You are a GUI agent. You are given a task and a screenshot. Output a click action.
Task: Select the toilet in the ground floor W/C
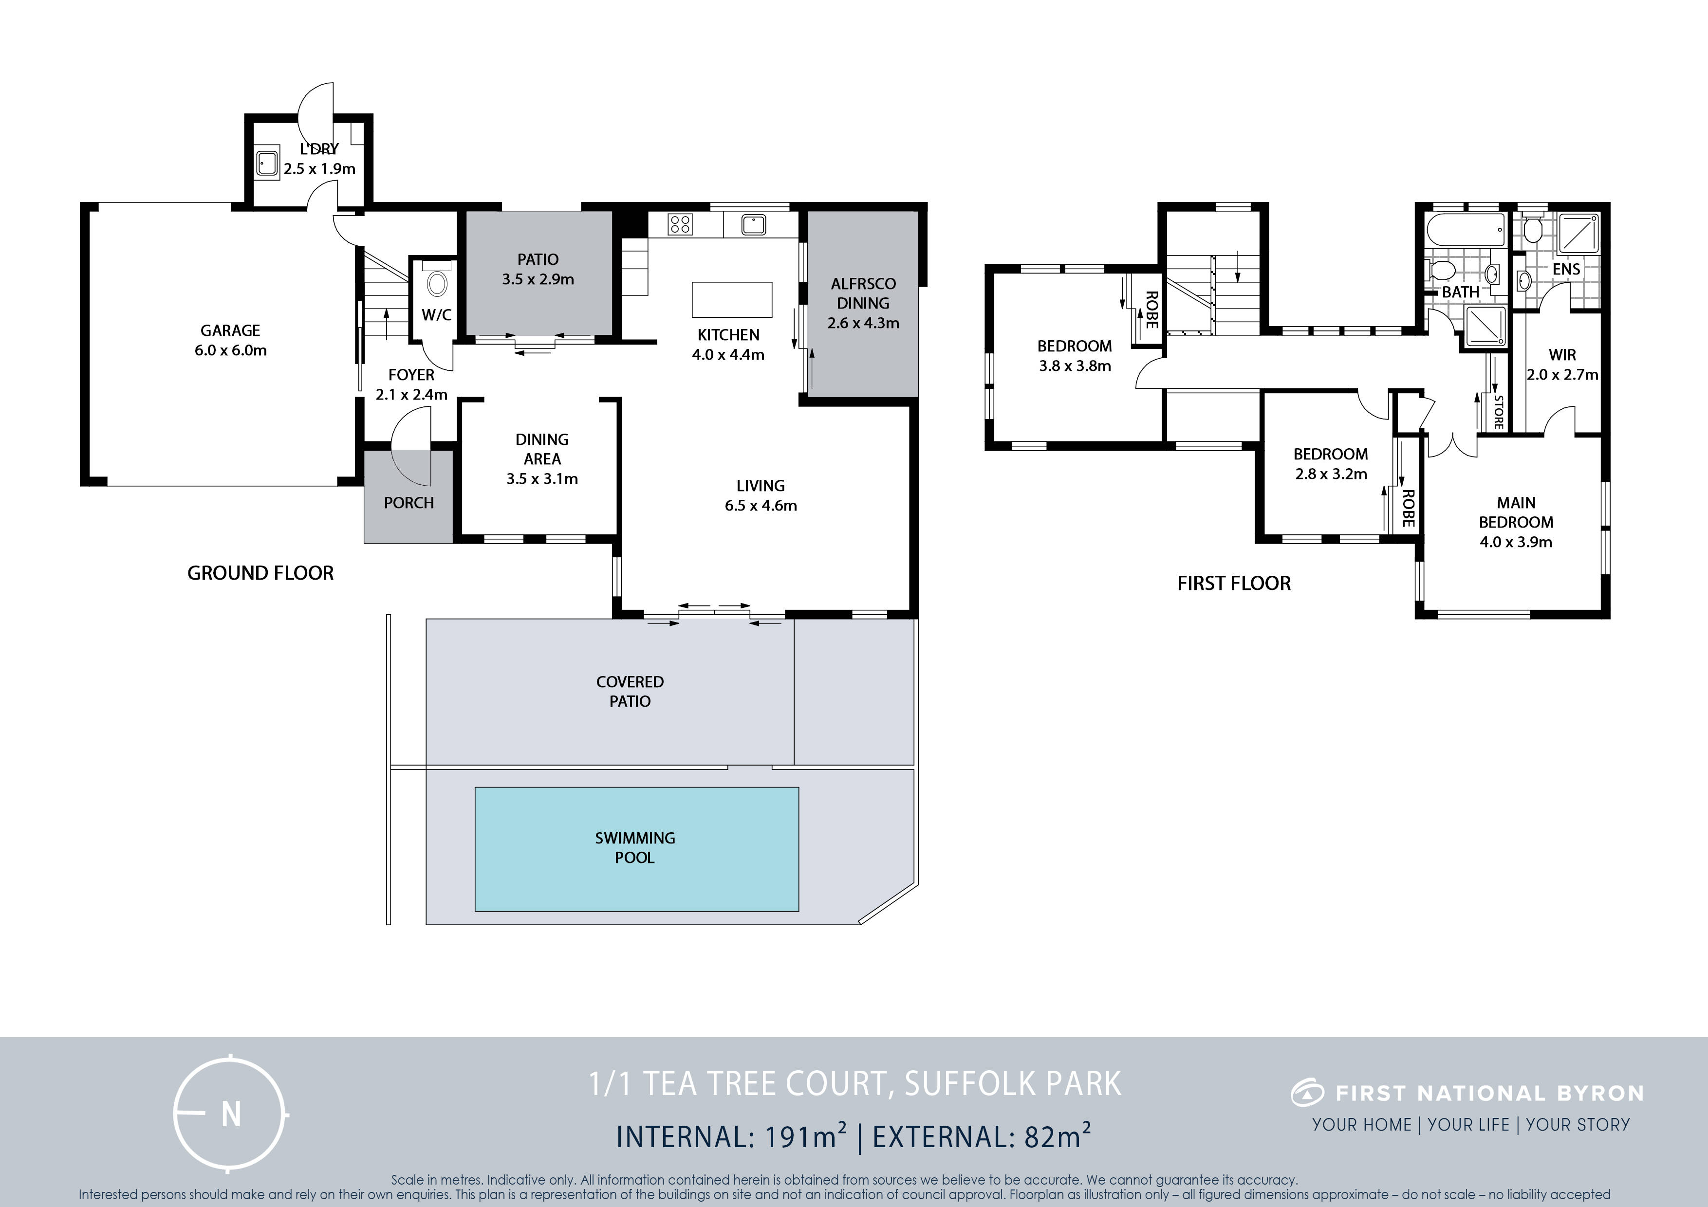(x=437, y=283)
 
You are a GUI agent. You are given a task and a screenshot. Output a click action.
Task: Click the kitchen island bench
(x=732, y=300)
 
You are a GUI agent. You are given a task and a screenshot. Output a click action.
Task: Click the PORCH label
(x=408, y=503)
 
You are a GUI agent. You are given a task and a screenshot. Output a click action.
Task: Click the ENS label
(x=1566, y=269)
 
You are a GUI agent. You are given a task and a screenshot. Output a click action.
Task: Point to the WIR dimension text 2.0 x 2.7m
(x=1562, y=375)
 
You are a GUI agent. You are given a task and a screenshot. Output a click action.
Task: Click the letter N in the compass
(x=231, y=1114)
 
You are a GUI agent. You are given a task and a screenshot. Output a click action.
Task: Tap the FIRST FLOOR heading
(x=1233, y=583)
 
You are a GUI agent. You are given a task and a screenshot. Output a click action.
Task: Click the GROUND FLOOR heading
(x=260, y=573)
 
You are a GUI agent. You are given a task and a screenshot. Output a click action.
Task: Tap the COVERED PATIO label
(x=630, y=692)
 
